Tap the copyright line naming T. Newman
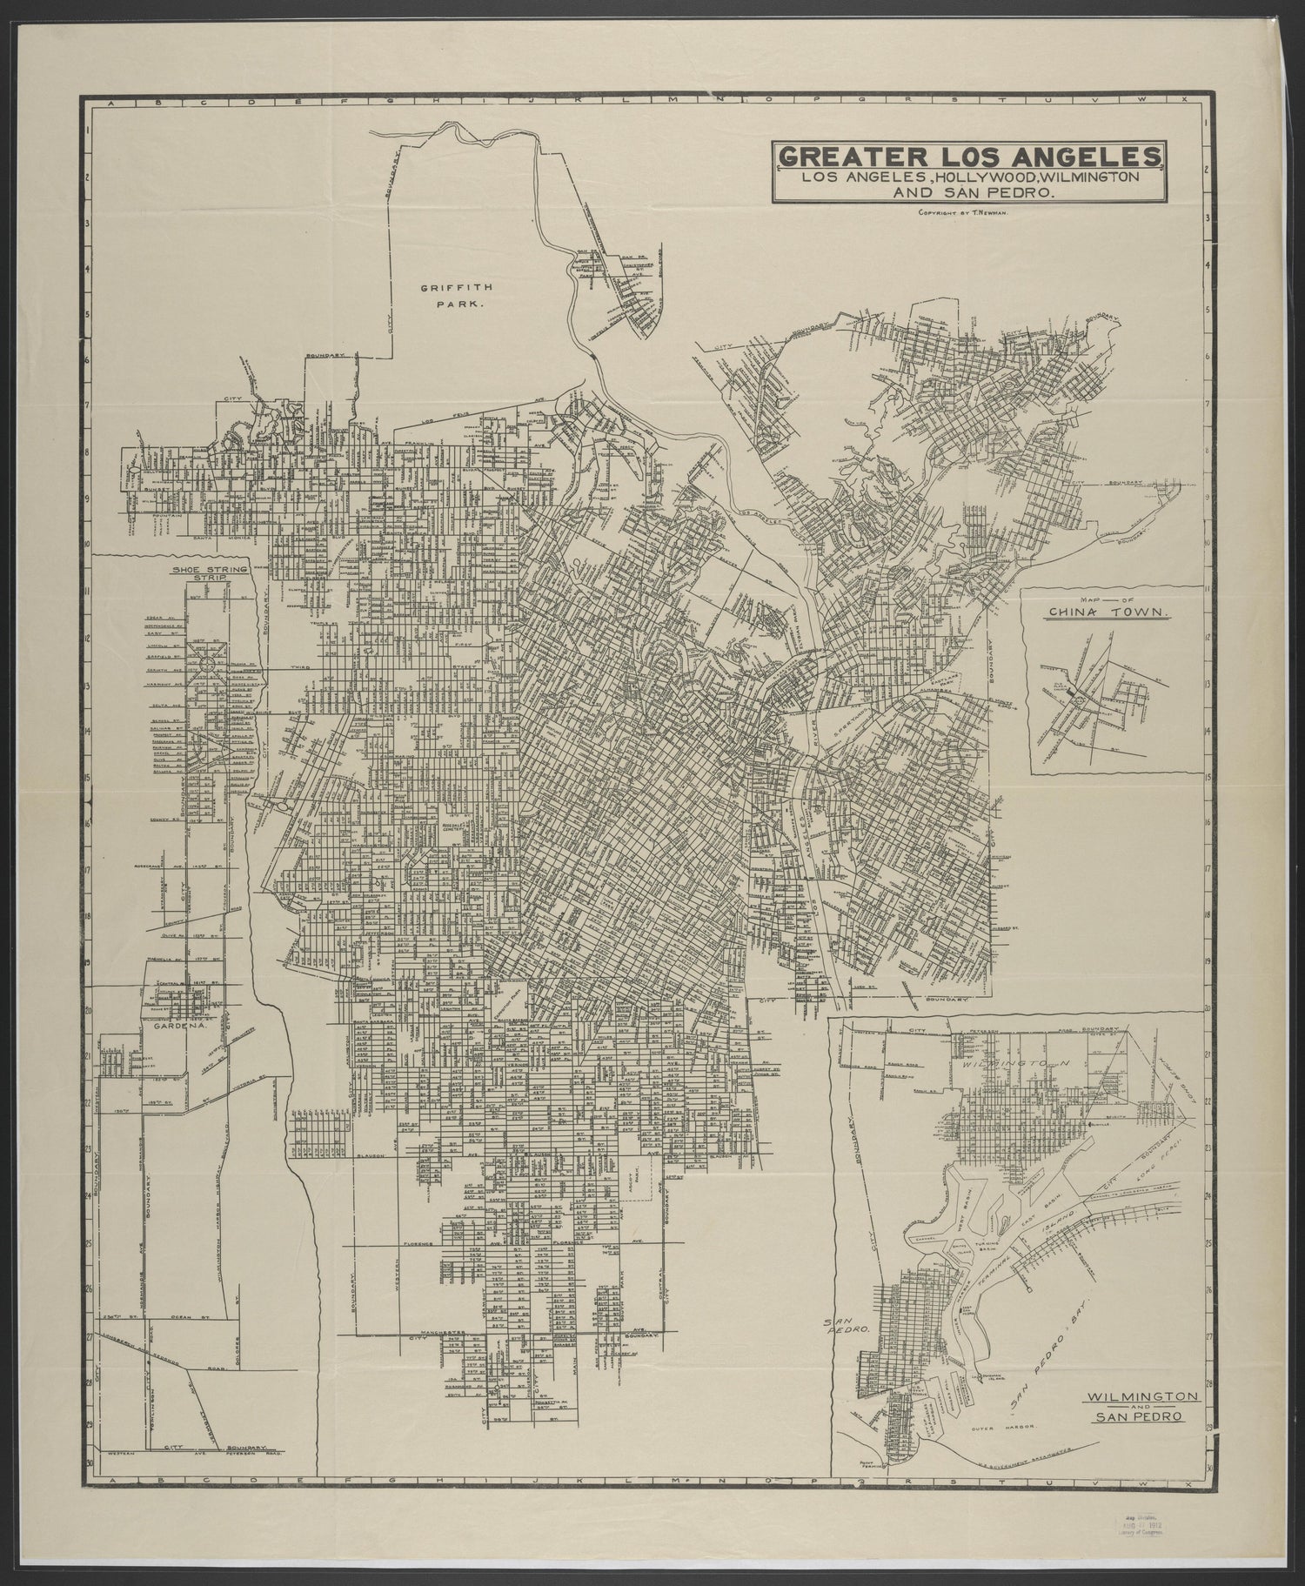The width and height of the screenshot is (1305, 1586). pyautogui.click(x=960, y=213)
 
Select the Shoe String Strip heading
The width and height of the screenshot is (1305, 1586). pyautogui.click(x=198, y=573)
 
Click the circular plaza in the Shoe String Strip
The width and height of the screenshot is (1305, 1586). pyautogui.click(x=209, y=664)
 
